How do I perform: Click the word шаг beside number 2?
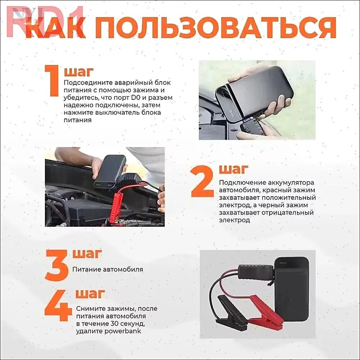point(234,169)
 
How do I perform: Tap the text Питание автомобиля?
point(108,269)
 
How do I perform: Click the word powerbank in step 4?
point(123,331)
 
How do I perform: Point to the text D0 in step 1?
point(136,98)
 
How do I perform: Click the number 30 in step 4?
point(114,324)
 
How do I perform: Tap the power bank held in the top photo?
point(255,92)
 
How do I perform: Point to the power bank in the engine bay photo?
point(110,171)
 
